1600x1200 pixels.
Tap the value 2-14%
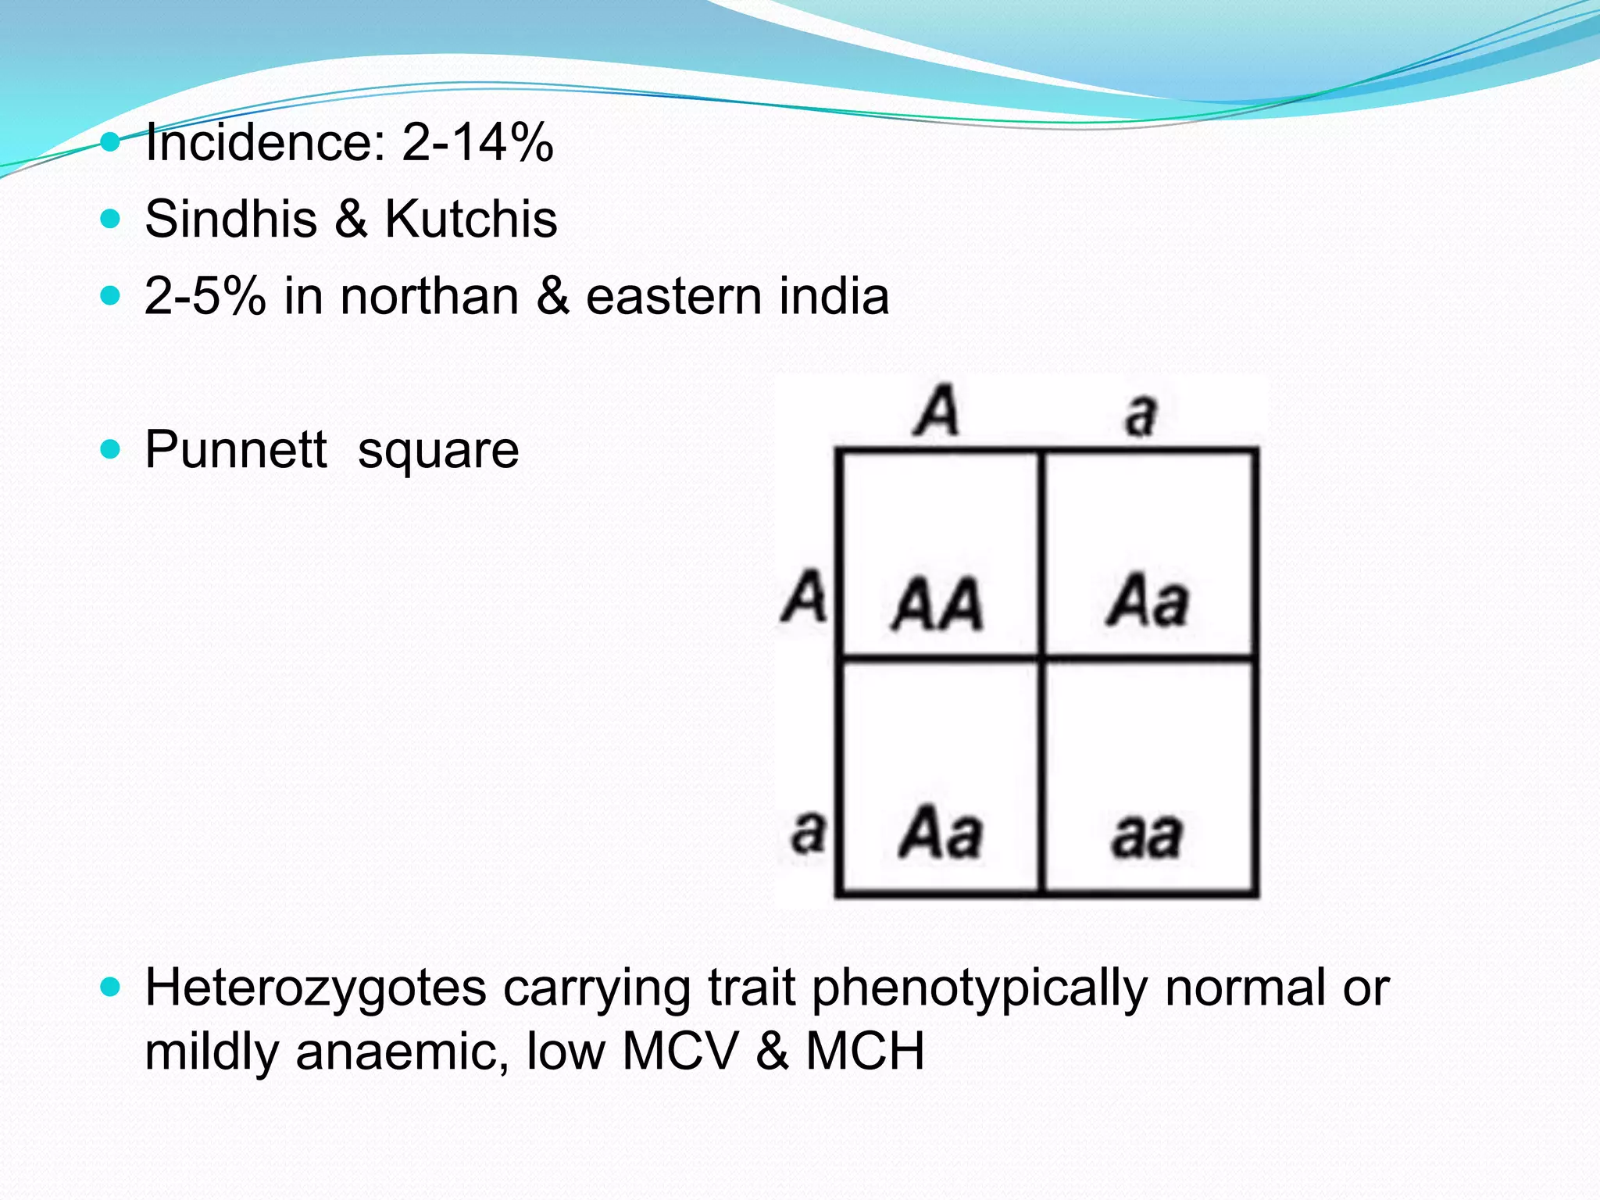point(477,142)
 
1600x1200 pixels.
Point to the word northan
point(430,296)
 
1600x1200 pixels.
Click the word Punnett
point(236,450)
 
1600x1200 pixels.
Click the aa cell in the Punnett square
point(1146,835)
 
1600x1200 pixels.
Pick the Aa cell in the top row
point(1147,602)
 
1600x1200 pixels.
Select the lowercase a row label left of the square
point(808,831)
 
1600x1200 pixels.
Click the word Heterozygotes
point(316,988)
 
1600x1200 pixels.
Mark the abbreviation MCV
point(680,1051)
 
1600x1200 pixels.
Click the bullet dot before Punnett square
point(111,449)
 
